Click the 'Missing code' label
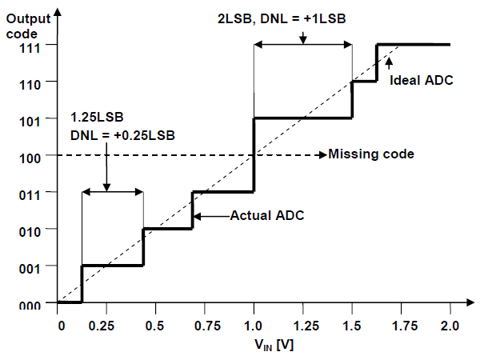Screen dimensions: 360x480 (371, 154)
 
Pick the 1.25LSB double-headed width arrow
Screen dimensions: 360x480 (112, 191)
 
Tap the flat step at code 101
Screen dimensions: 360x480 (302, 118)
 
